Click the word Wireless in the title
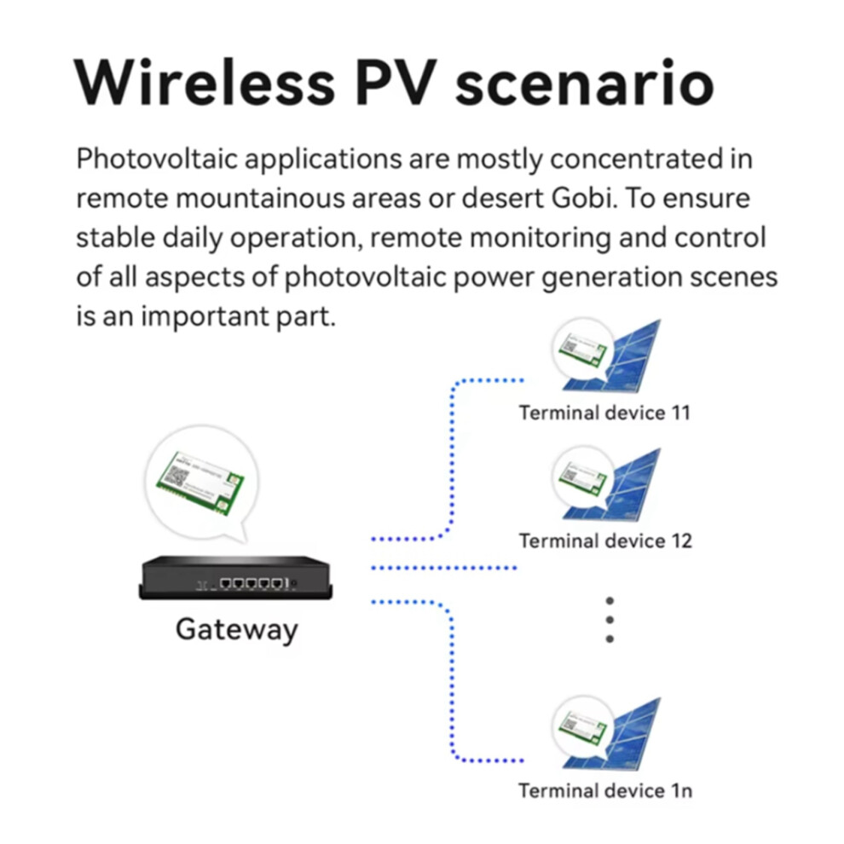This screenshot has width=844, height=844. click(205, 83)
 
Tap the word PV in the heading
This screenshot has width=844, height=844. click(394, 83)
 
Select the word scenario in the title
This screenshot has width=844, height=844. click(585, 83)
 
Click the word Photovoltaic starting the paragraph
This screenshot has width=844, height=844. click(157, 159)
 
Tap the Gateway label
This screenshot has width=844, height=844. click(237, 630)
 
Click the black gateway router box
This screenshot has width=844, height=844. click(236, 577)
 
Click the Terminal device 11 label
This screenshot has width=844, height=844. click(604, 413)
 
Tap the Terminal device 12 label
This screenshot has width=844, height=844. click(605, 541)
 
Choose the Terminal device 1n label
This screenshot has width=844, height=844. click(605, 790)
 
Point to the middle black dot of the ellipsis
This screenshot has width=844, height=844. click(610, 620)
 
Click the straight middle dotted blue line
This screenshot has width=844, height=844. click(444, 568)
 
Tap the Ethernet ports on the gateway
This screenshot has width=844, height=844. click(253, 583)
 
